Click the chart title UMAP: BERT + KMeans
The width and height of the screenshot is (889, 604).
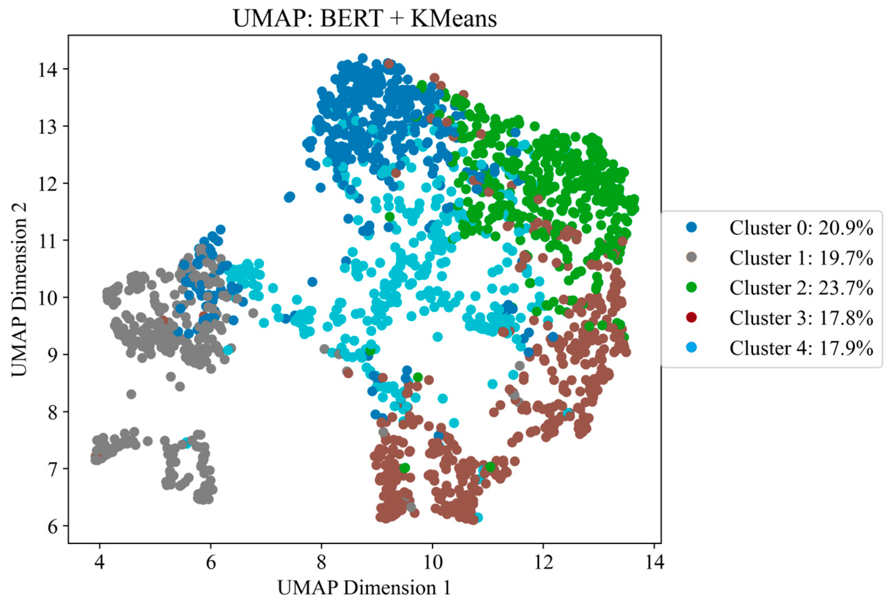tap(365, 18)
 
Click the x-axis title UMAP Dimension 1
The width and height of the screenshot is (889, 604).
tap(364, 587)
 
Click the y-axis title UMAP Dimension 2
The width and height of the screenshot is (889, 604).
tap(19, 290)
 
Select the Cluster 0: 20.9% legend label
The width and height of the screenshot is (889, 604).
tap(801, 228)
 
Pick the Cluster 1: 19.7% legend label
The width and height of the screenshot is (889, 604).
tap(801, 258)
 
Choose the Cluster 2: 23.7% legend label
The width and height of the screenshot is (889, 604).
tap(801, 288)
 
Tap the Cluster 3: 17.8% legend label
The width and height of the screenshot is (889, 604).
tap(801, 318)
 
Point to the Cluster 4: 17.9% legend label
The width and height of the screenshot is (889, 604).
tap(801, 348)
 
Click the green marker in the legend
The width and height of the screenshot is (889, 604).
tap(691, 288)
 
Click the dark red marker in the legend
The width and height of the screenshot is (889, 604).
tap(691, 317)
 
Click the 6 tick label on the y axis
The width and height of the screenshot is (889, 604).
tap(53, 527)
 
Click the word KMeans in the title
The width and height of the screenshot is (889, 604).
tap(454, 18)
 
